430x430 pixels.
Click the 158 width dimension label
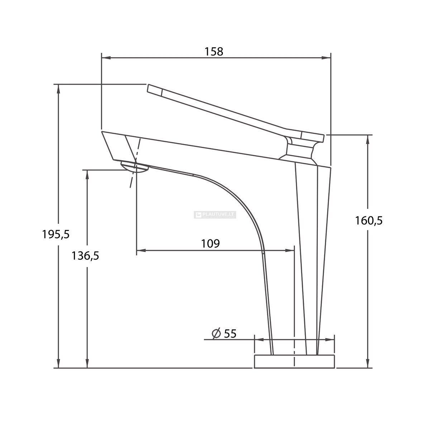[214, 52]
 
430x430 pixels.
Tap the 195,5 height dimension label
[56, 234]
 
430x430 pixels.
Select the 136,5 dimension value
[85, 256]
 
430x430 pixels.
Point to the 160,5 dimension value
[369, 221]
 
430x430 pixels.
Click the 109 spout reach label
[210, 243]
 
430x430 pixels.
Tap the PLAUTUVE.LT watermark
[215, 215]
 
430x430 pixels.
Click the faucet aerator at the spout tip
[134, 167]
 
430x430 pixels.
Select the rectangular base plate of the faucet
[294, 361]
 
